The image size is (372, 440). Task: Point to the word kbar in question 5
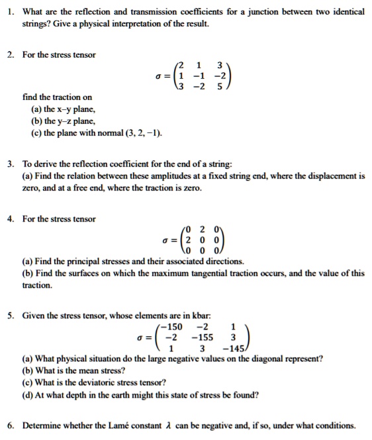pyautogui.click(x=183, y=316)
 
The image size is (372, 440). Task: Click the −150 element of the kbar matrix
pyautogui.click(x=173, y=327)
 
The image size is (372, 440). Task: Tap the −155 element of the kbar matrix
pyautogui.click(x=202, y=337)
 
